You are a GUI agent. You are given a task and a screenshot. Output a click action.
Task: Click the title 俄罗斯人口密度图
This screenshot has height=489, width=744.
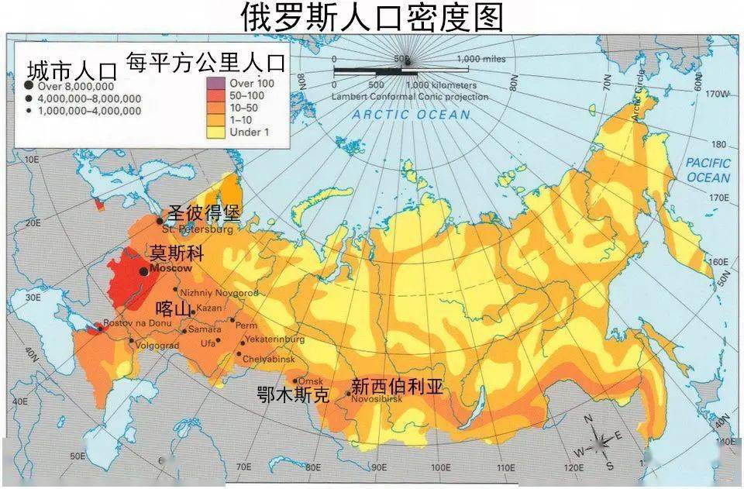[371, 17]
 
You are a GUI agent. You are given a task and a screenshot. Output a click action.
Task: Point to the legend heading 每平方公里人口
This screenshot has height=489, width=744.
[206, 62]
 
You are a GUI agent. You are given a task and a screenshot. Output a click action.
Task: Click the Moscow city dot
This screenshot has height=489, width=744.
[143, 271]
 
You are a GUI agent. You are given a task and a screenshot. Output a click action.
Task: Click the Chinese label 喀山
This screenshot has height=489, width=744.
[173, 309]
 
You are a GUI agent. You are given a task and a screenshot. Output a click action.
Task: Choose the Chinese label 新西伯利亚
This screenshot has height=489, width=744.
[397, 386]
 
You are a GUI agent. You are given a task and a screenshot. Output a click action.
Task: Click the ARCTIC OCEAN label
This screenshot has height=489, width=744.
[411, 115]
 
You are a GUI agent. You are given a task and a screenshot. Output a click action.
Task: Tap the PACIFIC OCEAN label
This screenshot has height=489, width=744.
[708, 170]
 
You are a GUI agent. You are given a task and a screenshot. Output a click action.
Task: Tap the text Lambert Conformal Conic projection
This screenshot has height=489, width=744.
[410, 97]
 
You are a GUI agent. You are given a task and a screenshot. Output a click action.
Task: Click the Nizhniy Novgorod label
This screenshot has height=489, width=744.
[219, 293]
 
